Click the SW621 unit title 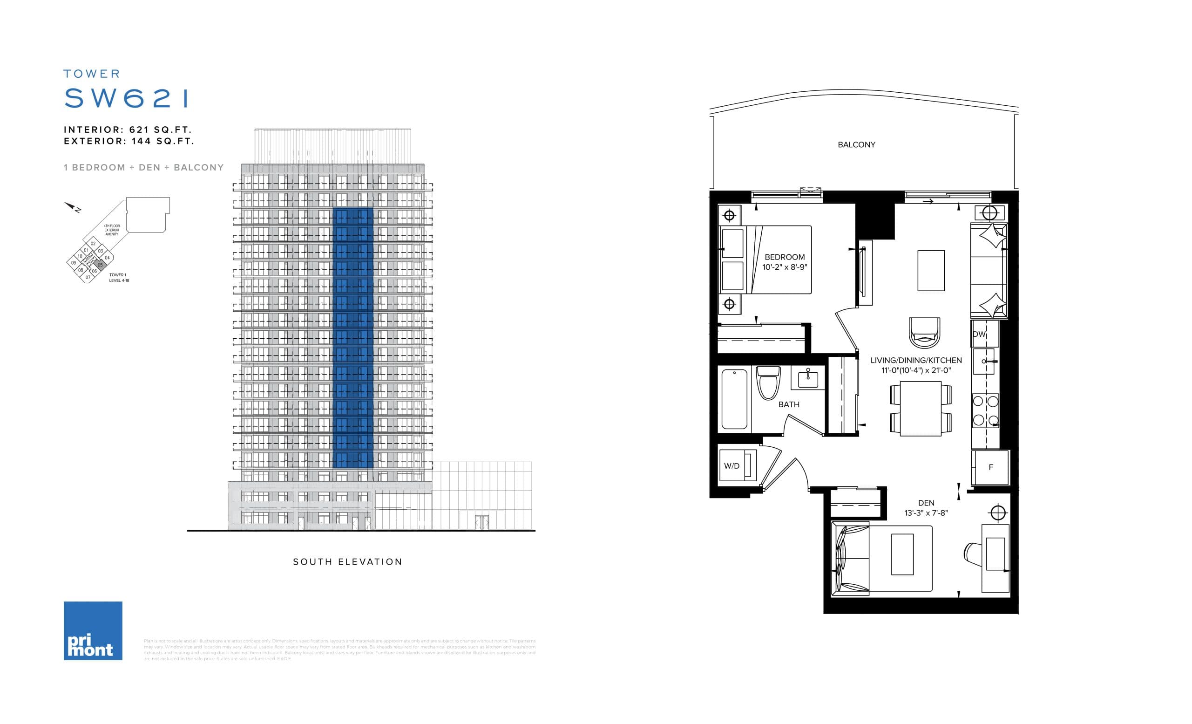[126, 98]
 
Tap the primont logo [93, 631]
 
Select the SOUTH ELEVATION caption [347, 562]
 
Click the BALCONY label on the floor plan [856, 145]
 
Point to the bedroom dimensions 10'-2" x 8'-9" [785, 267]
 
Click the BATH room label [789, 404]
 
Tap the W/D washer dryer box [737, 465]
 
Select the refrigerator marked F [991, 467]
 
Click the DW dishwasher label [979, 335]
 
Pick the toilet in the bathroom [768, 383]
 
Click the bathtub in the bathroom [734, 399]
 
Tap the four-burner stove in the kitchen [985, 410]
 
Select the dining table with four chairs [921, 409]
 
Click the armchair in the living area [924, 333]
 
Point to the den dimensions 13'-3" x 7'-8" [926, 513]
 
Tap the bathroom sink [808, 377]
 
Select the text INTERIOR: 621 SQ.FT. [128, 130]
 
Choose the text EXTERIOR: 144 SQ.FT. [129, 141]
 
